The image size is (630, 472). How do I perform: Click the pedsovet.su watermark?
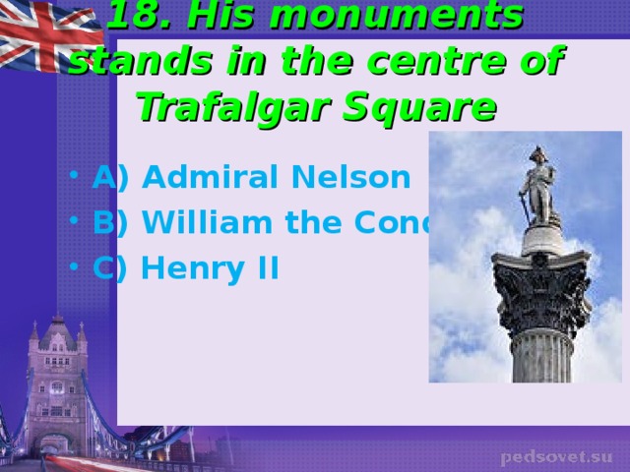point(556,457)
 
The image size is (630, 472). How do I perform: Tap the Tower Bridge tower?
point(56,379)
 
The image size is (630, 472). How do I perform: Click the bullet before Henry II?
point(77,268)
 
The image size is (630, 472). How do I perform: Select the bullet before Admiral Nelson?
point(77,180)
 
